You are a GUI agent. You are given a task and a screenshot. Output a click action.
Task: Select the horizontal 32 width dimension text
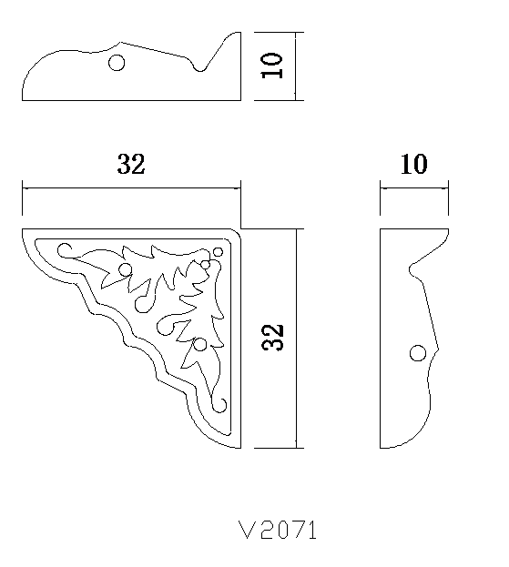tap(131, 165)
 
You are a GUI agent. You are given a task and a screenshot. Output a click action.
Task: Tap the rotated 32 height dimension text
tap(273, 337)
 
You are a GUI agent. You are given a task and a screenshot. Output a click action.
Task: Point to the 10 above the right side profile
tap(413, 165)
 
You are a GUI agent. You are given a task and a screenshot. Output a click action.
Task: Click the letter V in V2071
tap(244, 530)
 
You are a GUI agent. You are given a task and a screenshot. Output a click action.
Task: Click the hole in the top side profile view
tap(116, 63)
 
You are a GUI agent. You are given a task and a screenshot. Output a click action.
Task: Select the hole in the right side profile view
tap(417, 353)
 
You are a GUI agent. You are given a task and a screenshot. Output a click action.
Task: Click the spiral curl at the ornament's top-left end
tap(64, 249)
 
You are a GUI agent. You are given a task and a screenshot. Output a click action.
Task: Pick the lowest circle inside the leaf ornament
tap(199, 345)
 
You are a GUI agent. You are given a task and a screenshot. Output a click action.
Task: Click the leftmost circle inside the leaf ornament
tap(125, 268)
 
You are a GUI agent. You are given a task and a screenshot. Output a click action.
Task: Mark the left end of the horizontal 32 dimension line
tap(22, 188)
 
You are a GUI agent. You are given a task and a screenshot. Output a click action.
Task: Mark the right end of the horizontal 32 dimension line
tap(240, 188)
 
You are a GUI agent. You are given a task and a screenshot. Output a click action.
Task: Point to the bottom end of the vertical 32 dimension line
tap(298, 448)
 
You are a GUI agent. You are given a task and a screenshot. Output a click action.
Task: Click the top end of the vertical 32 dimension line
tap(298, 229)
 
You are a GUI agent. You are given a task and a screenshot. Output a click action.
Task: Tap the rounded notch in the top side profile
tap(199, 68)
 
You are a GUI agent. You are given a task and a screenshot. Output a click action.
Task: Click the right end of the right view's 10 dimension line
tap(449, 188)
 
